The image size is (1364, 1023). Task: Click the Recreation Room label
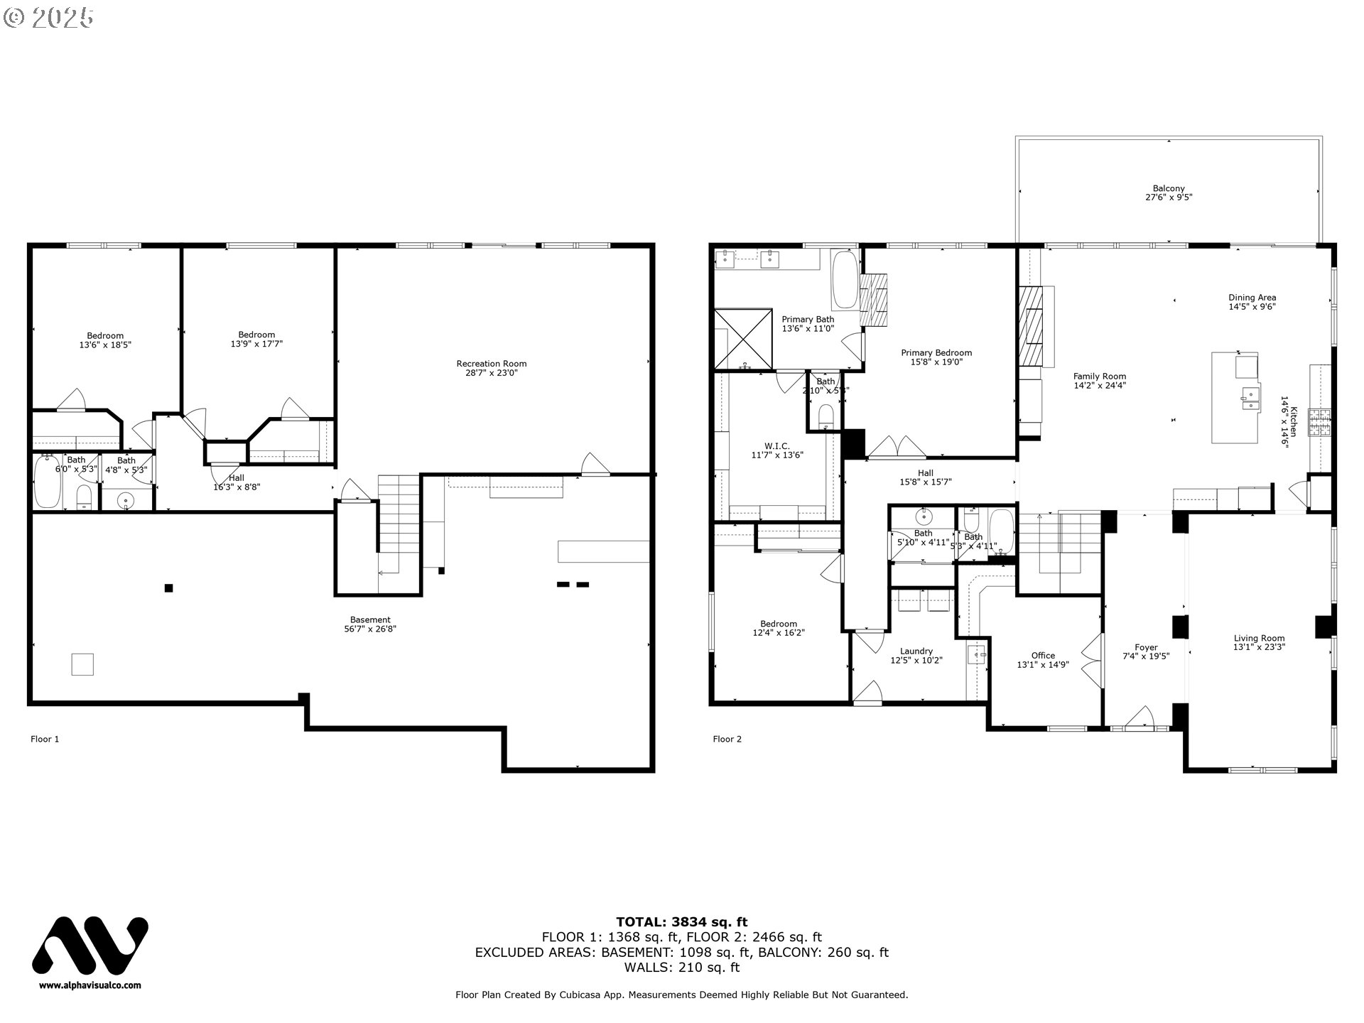coord(492,364)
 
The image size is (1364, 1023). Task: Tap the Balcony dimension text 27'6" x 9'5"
coord(1169,197)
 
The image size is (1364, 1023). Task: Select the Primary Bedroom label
coord(936,353)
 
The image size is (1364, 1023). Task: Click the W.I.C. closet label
coord(776,446)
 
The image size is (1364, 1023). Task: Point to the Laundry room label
coord(916,651)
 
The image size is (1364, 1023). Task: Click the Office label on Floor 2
coord(1043,656)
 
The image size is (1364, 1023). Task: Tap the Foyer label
coord(1146,647)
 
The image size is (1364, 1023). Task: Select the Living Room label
coord(1259,638)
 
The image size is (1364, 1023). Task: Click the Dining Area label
coord(1252,298)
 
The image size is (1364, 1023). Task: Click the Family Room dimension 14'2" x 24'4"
coord(1100,386)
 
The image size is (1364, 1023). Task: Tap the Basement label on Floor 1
coord(370,619)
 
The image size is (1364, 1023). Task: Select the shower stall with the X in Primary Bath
coord(743,339)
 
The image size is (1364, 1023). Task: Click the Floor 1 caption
coord(45,739)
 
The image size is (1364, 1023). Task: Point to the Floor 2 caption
coord(727,739)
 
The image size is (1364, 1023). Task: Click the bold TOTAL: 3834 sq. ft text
coord(681,922)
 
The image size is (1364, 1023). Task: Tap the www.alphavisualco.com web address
coord(90,985)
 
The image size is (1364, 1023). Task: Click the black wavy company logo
coord(90,946)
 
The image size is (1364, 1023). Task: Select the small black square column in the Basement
coord(168,588)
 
